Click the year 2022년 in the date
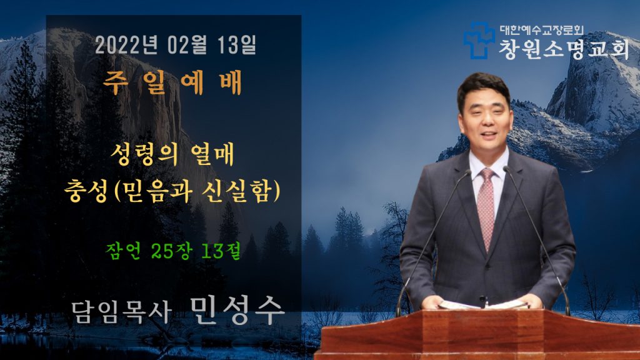click(x=126, y=45)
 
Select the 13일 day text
click(x=236, y=45)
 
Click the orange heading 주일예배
click(x=172, y=82)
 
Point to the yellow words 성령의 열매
click(x=172, y=154)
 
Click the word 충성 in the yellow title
click(x=86, y=191)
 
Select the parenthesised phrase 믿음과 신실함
click(x=197, y=191)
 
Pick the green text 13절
click(x=221, y=251)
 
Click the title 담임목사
click(x=121, y=312)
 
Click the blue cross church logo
click(x=478, y=41)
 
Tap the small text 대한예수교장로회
click(x=542, y=30)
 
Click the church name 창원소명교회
click(x=564, y=49)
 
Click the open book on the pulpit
click(x=483, y=304)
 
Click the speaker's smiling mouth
click(x=488, y=134)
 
